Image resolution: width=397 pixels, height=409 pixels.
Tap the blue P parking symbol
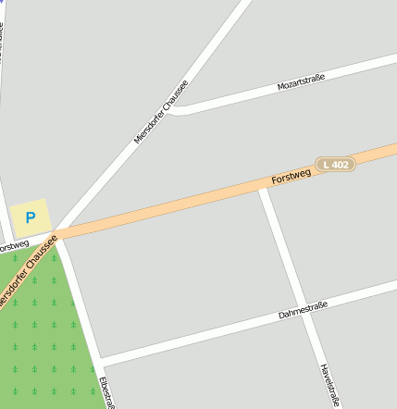pyautogui.click(x=30, y=218)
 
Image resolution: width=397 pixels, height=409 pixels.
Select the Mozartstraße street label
pyautogui.click(x=302, y=85)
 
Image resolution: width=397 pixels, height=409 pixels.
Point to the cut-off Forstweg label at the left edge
pyautogui.click(x=13, y=246)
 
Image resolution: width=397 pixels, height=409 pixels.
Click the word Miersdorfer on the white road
pyautogui.click(x=147, y=129)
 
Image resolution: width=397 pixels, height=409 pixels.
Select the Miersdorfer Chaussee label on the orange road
pyautogui.click(x=26, y=272)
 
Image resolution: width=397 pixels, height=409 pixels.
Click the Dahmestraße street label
pyautogui.click(x=304, y=310)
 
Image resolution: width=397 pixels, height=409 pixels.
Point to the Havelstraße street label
pyautogui.click(x=329, y=385)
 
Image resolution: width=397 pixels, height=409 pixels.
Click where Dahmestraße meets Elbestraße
pyautogui.click(x=100, y=359)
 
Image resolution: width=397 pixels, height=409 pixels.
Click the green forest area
pyautogui.click(x=42, y=342)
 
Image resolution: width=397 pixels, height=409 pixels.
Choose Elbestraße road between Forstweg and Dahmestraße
pyautogui.click(x=80, y=296)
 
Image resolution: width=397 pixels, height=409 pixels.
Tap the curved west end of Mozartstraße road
pyautogui.click(x=178, y=109)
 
